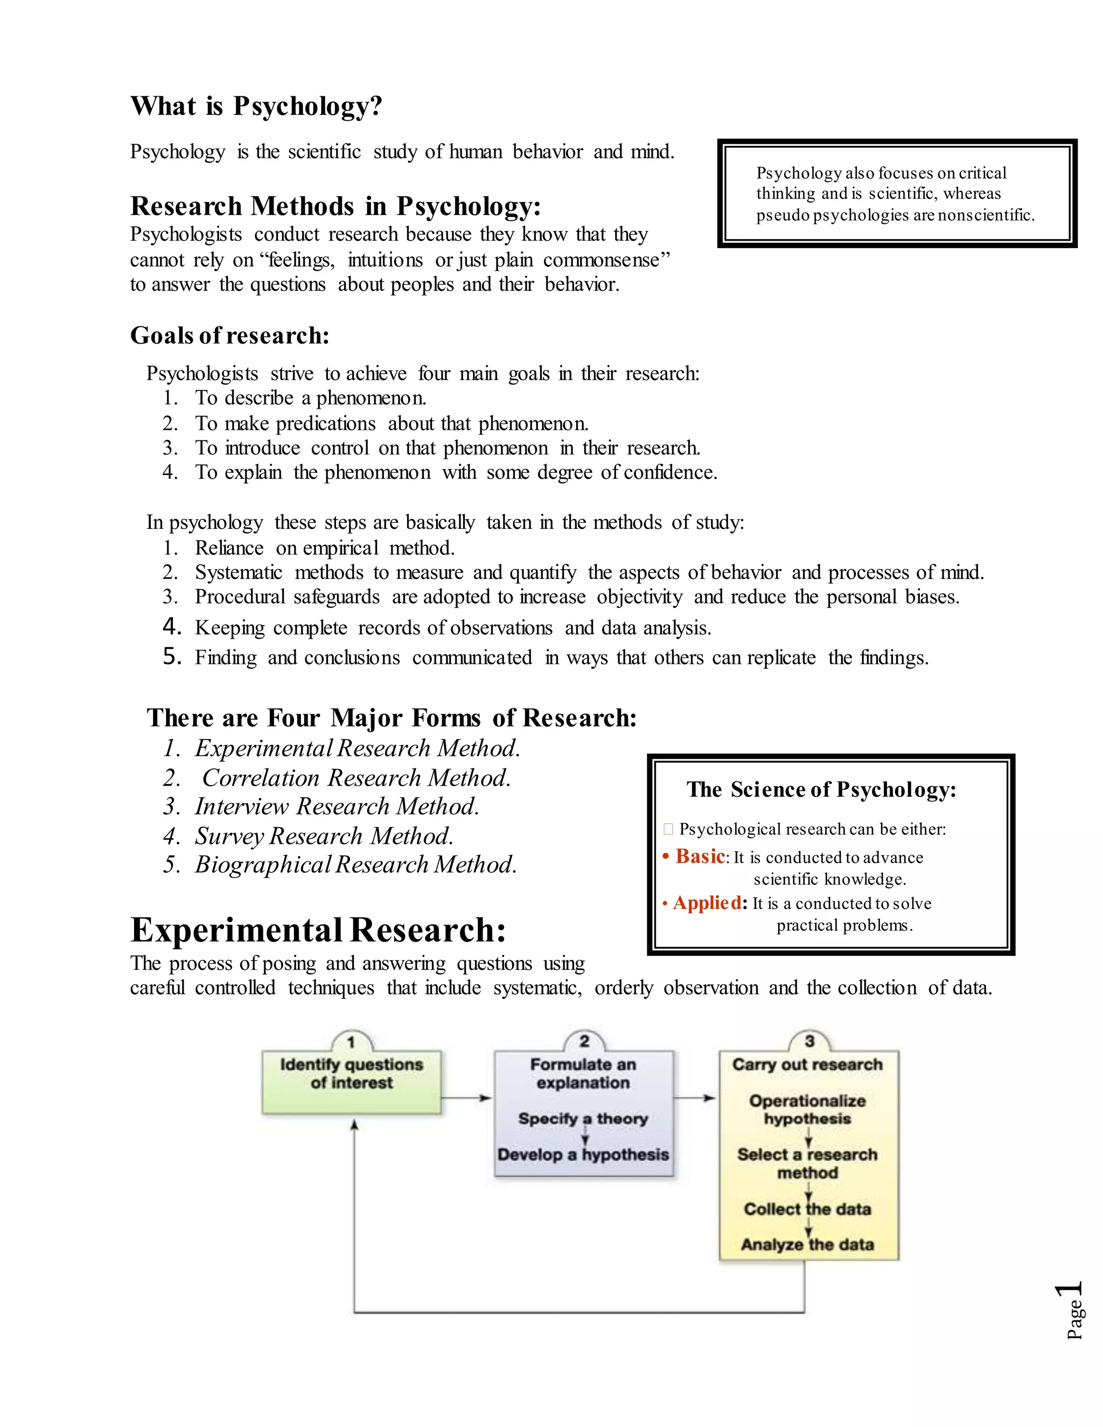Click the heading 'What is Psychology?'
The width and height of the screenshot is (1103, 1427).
[x=256, y=106]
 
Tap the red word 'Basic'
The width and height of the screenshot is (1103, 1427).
[x=700, y=856]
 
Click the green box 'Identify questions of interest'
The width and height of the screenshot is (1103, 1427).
[x=352, y=1081]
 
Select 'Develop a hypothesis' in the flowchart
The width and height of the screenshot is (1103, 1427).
[x=583, y=1155]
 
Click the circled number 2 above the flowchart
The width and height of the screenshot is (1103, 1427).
[x=584, y=1041]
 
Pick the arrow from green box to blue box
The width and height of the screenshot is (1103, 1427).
[x=466, y=1097]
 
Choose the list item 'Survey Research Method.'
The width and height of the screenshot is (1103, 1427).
[x=324, y=836]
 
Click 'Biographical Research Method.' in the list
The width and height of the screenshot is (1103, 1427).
[x=355, y=864]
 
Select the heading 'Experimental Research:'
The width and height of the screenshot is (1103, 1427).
[x=318, y=930]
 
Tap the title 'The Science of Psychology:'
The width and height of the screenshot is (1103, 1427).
[x=821, y=789]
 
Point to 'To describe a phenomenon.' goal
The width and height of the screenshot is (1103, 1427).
[x=310, y=398]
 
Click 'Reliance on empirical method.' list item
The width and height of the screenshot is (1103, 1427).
[x=325, y=548]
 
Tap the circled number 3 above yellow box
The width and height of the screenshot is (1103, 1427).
[x=809, y=1041]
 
